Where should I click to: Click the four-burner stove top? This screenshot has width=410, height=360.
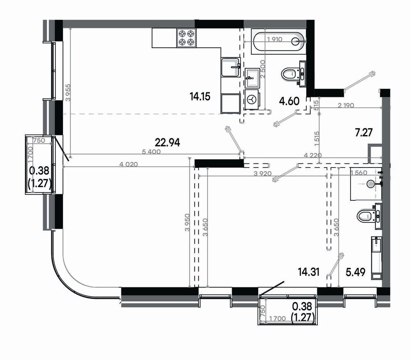click(187, 37)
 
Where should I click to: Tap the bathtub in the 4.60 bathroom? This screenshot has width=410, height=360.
click(279, 41)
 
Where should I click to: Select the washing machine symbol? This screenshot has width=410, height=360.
click(252, 99)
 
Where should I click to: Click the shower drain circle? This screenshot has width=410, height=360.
click(371, 184)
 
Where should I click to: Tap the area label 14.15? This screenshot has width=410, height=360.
click(200, 96)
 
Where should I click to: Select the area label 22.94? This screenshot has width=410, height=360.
click(167, 143)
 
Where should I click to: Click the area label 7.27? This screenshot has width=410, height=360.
click(364, 133)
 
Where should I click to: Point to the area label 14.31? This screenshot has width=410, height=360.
click(309, 272)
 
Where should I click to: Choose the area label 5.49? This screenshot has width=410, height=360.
click(355, 272)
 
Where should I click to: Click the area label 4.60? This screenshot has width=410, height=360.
click(289, 101)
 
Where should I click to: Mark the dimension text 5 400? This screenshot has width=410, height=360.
click(151, 151)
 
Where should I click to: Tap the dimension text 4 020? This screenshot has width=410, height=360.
click(128, 165)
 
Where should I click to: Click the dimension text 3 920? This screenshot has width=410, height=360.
click(263, 173)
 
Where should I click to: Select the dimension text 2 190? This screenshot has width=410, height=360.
click(346, 105)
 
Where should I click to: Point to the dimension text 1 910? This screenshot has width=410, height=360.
click(275, 39)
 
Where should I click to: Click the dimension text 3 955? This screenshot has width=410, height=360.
click(68, 92)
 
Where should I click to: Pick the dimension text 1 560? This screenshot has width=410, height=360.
click(359, 173)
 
